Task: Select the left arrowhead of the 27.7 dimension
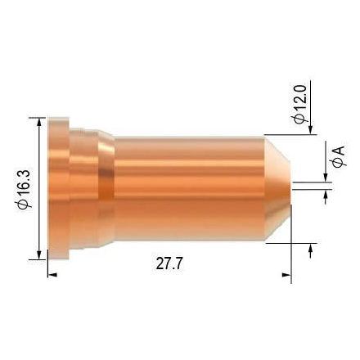[53, 274]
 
